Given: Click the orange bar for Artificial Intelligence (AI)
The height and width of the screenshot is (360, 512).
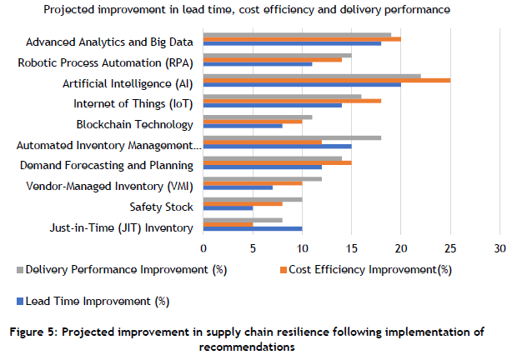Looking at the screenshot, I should (x=327, y=80).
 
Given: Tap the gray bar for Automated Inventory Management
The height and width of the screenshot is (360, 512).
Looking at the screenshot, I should (x=292, y=137).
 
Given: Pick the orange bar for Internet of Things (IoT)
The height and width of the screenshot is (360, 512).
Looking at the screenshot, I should (x=292, y=101).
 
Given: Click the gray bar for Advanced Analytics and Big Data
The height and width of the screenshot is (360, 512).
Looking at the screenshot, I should (x=297, y=34).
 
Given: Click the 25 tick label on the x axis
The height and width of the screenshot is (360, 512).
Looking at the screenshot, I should (x=451, y=248).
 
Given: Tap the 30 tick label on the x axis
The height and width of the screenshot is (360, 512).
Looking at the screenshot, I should (x=500, y=248).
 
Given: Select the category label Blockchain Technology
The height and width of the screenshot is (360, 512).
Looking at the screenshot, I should (x=134, y=125).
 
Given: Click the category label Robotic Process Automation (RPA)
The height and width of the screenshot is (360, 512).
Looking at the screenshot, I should (x=106, y=62).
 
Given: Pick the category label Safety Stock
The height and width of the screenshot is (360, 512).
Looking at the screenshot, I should (x=161, y=207).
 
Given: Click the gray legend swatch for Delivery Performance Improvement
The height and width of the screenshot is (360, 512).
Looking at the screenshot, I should (x=20, y=269).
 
